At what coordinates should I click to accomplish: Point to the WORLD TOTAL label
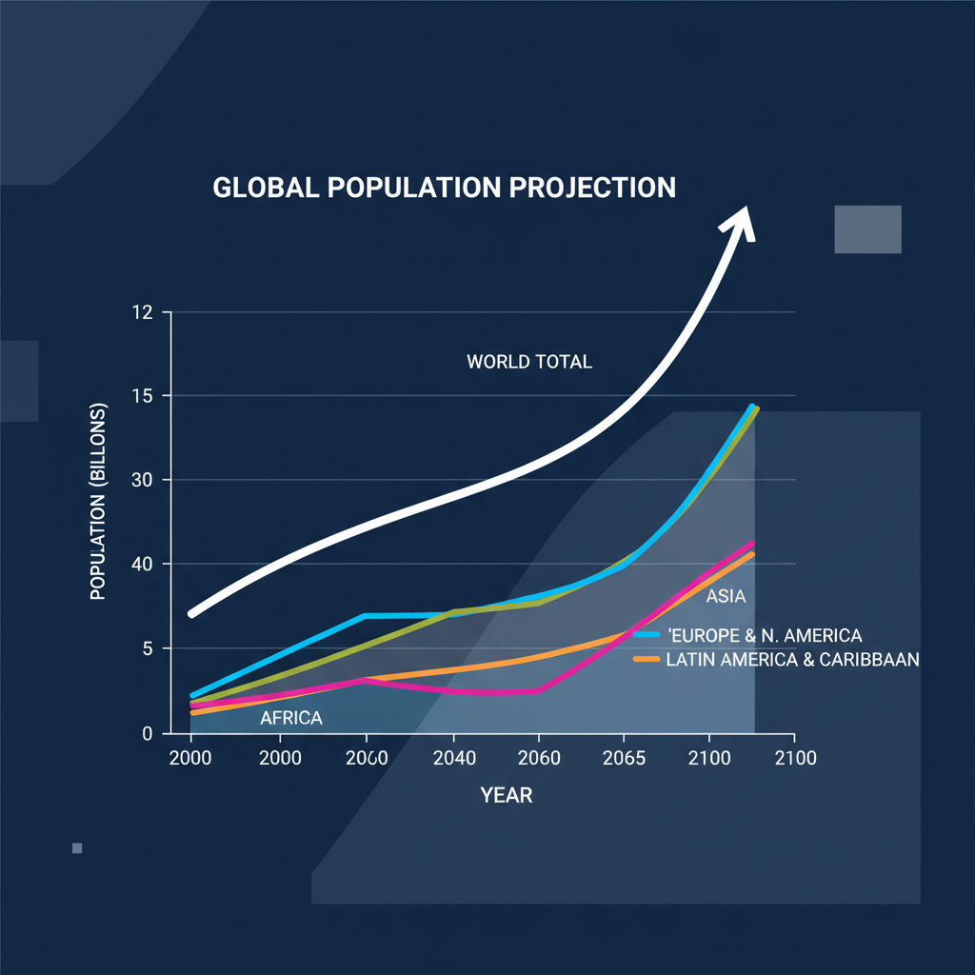point(529,362)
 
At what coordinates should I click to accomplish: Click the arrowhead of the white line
point(739,221)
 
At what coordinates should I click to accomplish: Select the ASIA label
point(726,598)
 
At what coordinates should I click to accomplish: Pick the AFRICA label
point(291,718)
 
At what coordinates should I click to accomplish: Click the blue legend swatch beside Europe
point(647,634)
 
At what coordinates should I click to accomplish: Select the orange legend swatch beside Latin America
point(647,659)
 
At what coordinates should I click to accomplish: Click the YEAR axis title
point(507,795)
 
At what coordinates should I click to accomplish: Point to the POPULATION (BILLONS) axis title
point(98,502)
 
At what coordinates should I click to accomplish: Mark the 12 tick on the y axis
point(141,312)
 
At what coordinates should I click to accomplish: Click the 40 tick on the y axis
point(141,565)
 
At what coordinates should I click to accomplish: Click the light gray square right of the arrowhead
point(867,229)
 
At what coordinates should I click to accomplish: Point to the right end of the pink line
point(753,544)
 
